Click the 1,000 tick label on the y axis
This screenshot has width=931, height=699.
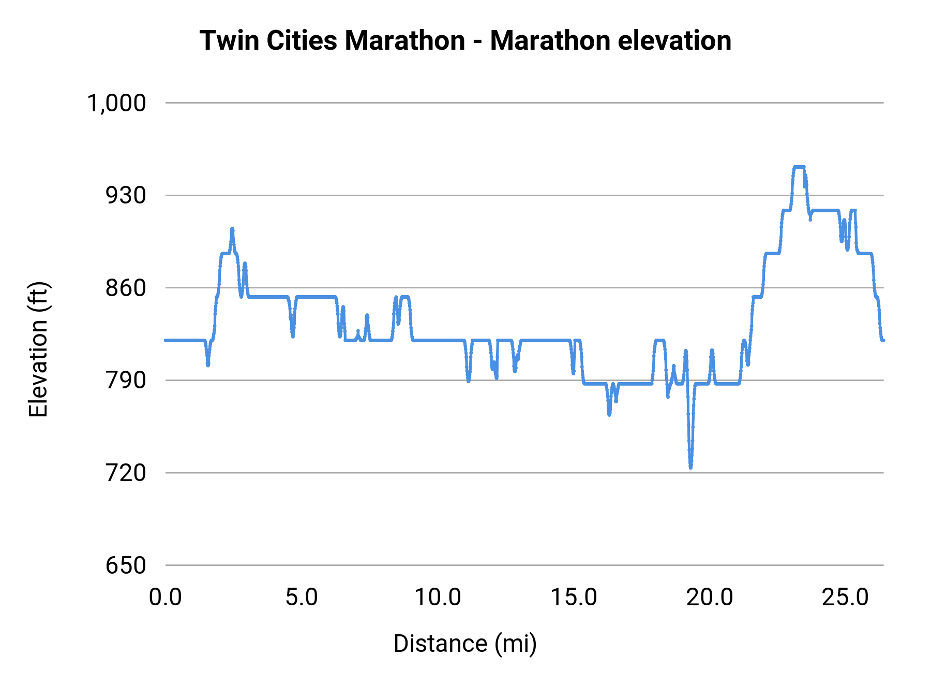[x=116, y=103]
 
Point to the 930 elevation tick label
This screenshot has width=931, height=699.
[x=126, y=196]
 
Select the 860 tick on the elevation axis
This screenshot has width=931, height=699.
[x=126, y=288]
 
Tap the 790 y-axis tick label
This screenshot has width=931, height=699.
[x=126, y=381]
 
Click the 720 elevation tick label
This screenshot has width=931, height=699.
[x=126, y=473]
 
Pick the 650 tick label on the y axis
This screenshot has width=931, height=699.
[x=126, y=565]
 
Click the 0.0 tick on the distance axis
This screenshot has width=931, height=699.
[x=166, y=598]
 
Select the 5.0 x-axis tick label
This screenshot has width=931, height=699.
[x=302, y=598]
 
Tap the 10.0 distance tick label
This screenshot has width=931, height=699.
[x=438, y=598]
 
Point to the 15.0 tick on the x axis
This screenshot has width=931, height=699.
[x=574, y=598]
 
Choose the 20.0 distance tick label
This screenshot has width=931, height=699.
[x=710, y=598]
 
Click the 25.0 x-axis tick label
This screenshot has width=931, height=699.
[x=846, y=598]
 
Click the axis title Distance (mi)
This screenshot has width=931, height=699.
[x=465, y=644]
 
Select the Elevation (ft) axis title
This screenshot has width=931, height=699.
[x=38, y=349]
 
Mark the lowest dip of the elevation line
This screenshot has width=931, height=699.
[x=690, y=467]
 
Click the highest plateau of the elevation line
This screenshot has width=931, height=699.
[x=799, y=167]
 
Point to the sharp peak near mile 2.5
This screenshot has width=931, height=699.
[x=232, y=228]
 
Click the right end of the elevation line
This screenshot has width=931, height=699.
[x=883, y=340]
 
